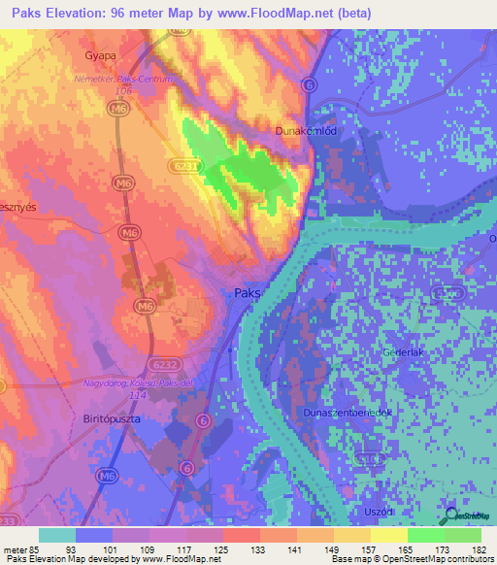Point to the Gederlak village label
coord(405,351)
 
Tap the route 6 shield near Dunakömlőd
coord(310,85)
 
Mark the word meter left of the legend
coord(15,548)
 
